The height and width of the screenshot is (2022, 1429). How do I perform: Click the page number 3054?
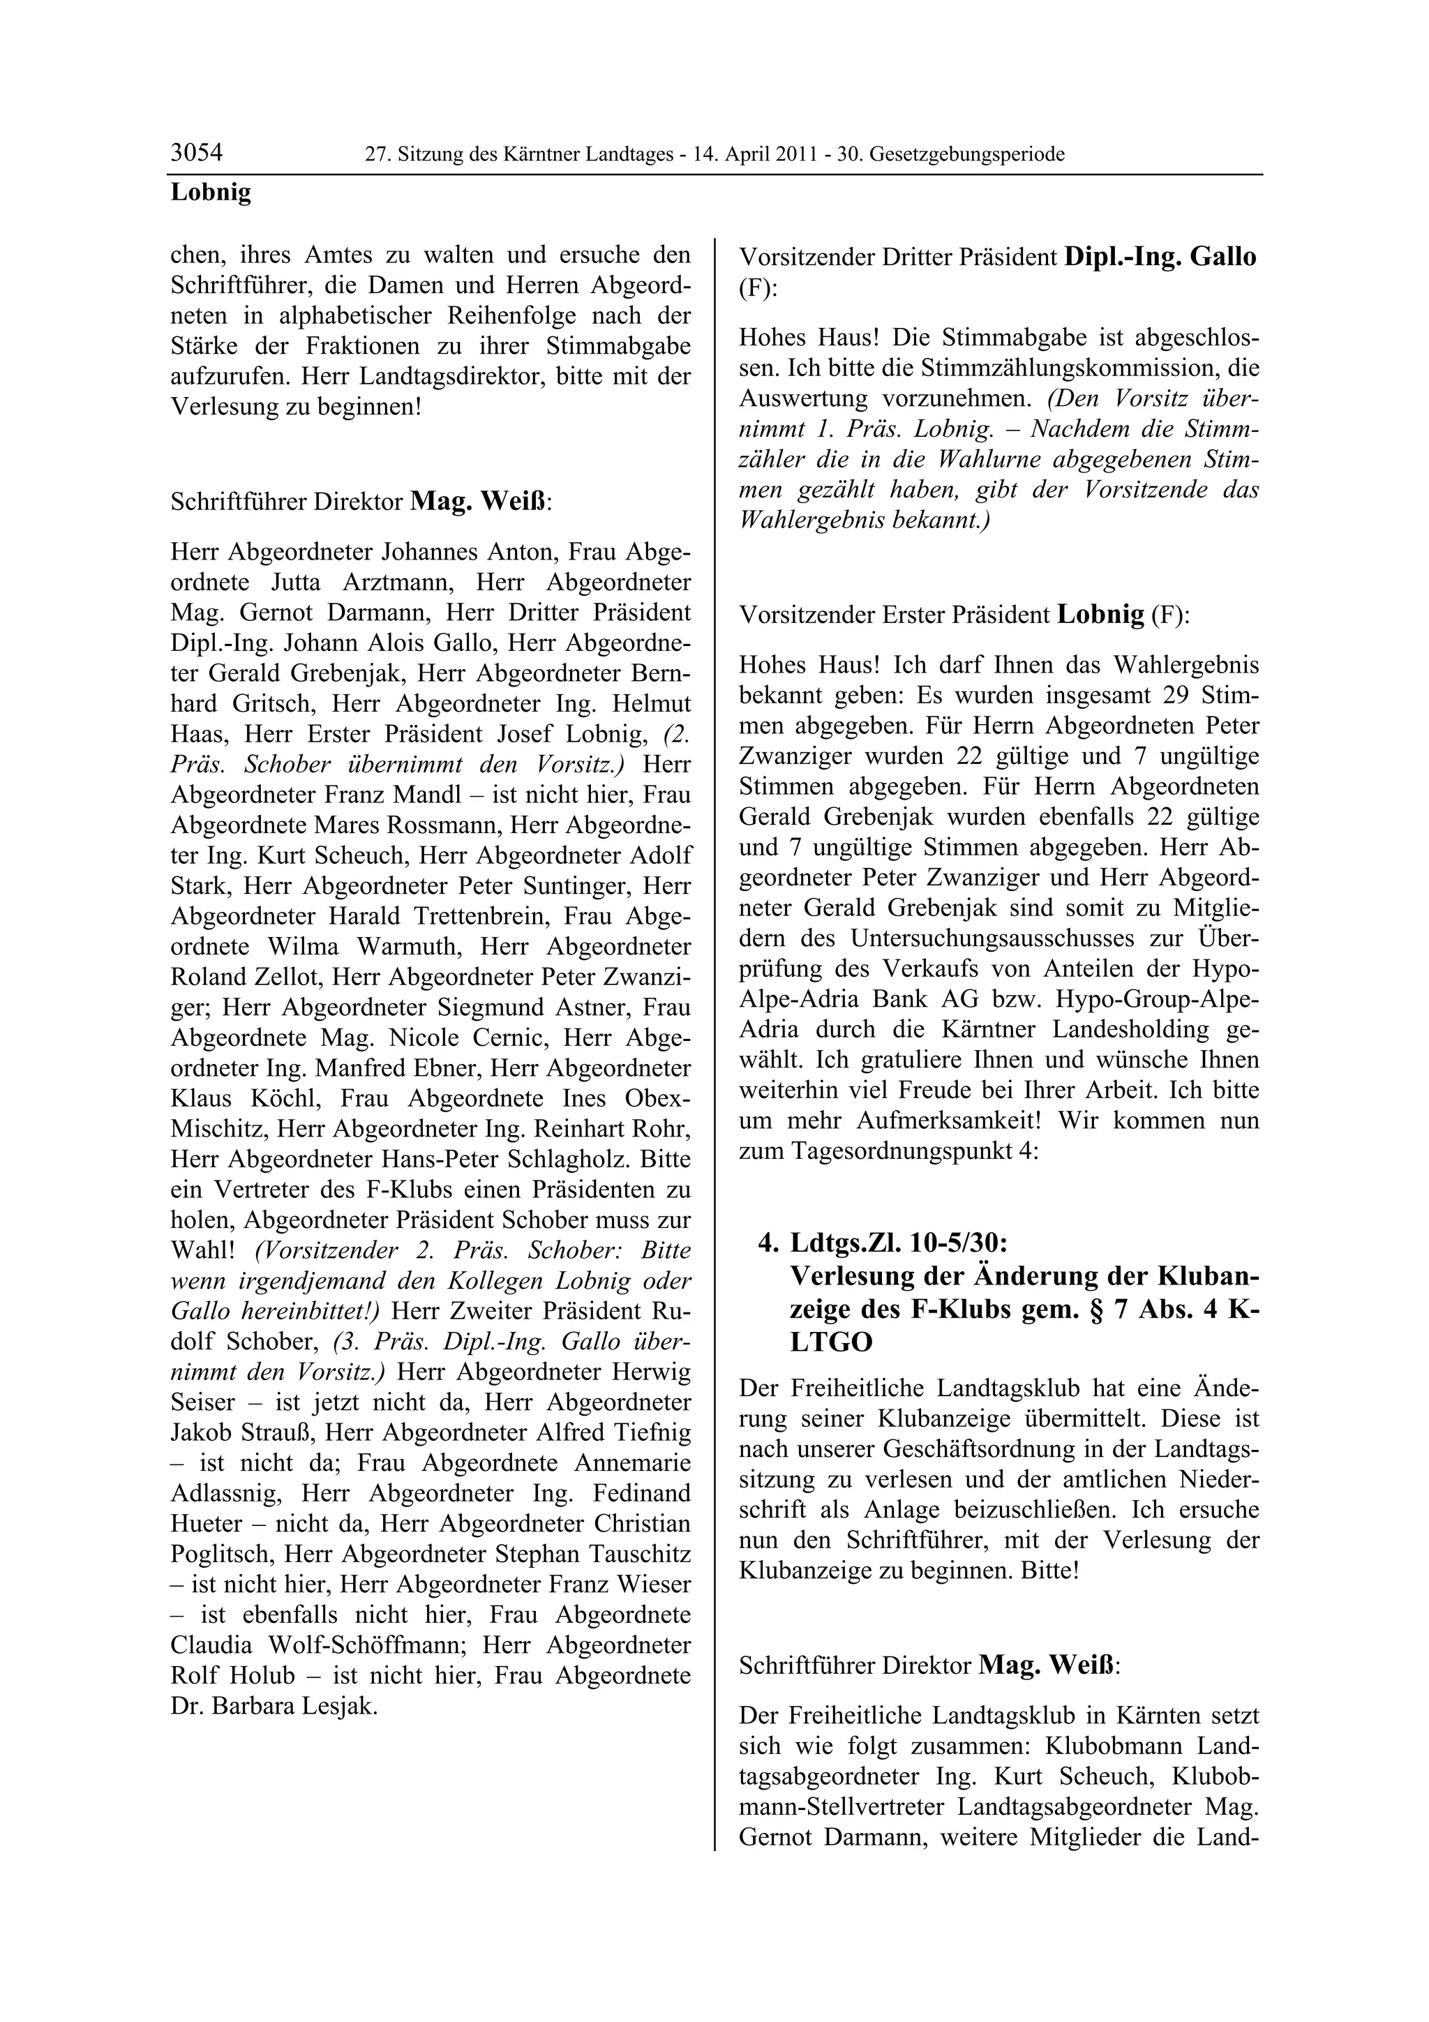[196, 153]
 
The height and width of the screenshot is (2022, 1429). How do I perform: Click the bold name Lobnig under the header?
[211, 192]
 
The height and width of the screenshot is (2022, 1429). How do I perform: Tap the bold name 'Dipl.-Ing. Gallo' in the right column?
[1160, 257]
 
